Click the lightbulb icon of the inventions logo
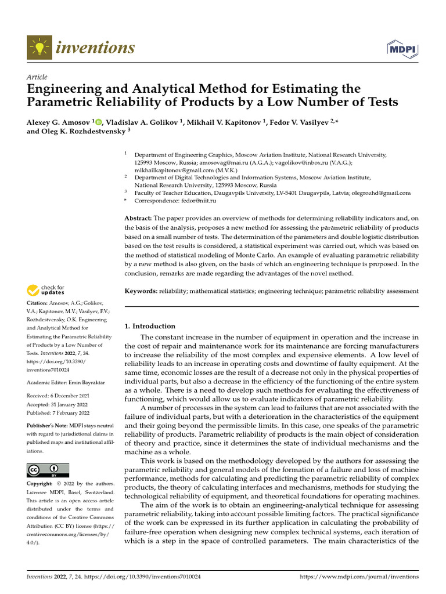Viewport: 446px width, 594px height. [x=38, y=48]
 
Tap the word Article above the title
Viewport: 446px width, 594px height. [x=37, y=77]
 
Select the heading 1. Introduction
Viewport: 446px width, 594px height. [x=150, y=326]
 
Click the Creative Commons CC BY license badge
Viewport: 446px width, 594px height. [x=48, y=470]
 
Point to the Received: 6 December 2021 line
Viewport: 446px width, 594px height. [x=58, y=396]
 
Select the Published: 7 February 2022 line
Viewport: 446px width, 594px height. [x=58, y=412]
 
